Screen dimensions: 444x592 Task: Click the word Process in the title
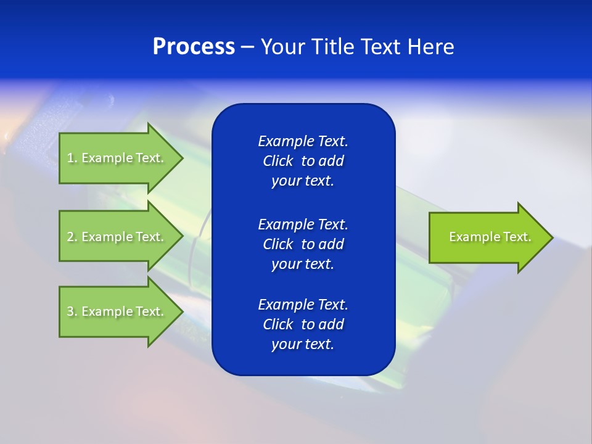pos(194,47)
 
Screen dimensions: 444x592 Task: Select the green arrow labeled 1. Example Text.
pos(117,158)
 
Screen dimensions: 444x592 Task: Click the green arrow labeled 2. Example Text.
pos(117,237)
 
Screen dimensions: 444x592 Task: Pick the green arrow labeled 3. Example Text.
pos(117,311)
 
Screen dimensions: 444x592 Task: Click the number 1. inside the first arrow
pos(72,158)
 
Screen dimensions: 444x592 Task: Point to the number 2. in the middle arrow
pos(72,237)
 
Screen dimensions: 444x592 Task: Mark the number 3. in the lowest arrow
pos(72,311)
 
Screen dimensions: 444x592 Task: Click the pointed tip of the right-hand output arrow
pos(551,237)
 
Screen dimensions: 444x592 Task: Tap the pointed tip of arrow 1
pos(181,158)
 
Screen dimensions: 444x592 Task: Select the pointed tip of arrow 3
pos(181,311)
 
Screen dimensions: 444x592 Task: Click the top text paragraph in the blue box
pos(303,161)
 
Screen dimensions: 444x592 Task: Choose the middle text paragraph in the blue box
pos(303,244)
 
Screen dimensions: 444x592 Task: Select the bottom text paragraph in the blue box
pos(303,324)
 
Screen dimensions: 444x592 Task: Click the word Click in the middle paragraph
pos(277,244)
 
